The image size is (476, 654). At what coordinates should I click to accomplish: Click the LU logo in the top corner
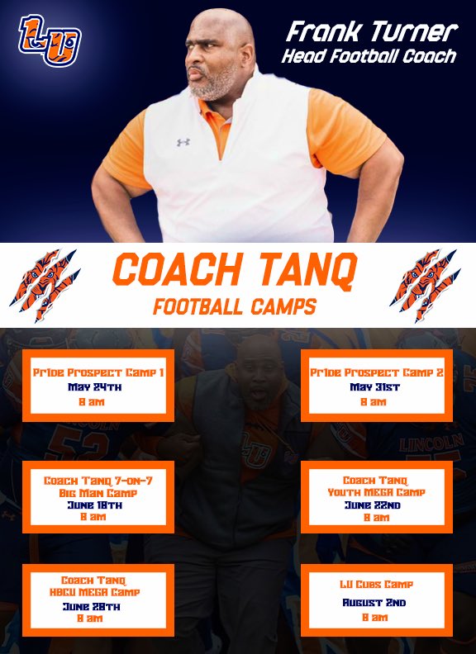(x=50, y=41)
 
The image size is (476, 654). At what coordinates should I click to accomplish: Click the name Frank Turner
(x=371, y=32)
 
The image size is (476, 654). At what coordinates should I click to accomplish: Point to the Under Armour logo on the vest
(x=183, y=142)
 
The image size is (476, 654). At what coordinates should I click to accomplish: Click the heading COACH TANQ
(x=236, y=271)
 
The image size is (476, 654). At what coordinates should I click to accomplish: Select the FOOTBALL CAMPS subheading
(x=236, y=306)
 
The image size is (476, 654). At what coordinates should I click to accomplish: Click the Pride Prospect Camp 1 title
(x=98, y=372)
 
